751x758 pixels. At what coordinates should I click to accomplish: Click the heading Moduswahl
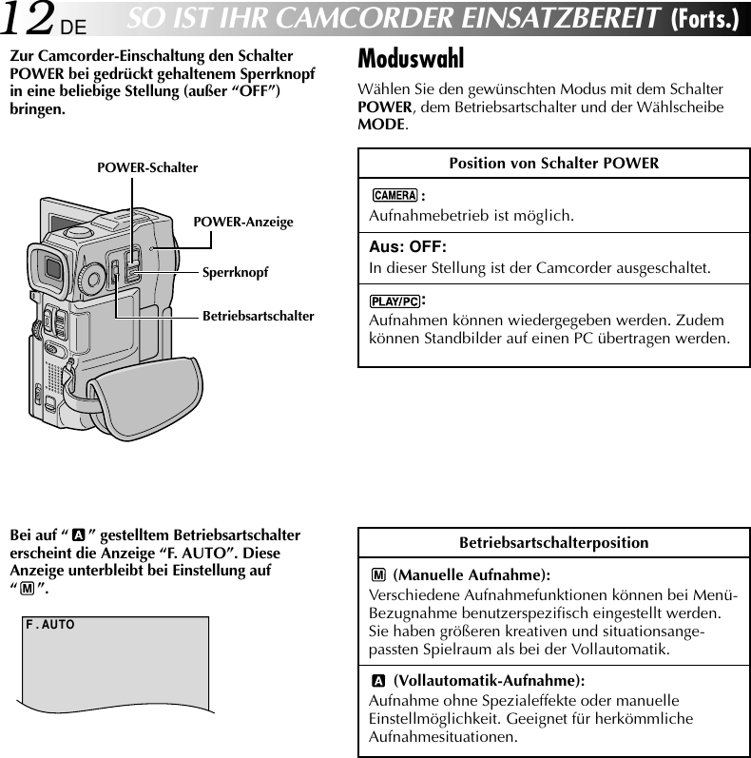[411, 59]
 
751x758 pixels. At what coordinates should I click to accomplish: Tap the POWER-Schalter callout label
[147, 168]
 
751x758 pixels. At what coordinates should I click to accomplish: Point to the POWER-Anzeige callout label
[243, 222]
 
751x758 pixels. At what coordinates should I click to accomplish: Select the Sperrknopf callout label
[235, 272]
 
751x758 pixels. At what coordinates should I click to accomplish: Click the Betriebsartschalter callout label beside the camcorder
[258, 315]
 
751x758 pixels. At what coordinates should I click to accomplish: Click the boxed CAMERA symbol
[395, 196]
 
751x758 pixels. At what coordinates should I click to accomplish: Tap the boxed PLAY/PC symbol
[395, 301]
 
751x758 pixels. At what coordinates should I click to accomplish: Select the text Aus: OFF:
[407, 247]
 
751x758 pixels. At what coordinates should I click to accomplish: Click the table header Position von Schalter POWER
[553, 163]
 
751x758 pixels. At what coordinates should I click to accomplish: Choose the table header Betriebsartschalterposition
[553, 543]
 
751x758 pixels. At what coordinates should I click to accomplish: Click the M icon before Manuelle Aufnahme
[379, 575]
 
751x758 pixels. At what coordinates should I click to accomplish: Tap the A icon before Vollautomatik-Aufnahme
[379, 681]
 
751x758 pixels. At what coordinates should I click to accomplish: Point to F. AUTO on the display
[50, 625]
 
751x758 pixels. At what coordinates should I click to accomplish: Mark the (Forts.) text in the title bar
[704, 18]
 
